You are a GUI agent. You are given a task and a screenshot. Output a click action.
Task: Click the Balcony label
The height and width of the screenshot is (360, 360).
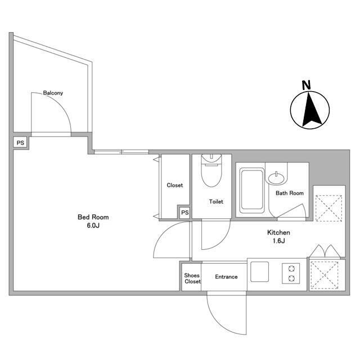click(53, 93)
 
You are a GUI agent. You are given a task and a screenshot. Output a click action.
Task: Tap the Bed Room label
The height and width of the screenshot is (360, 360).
click(93, 217)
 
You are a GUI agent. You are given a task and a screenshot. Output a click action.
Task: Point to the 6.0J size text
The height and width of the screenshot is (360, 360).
click(93, 226)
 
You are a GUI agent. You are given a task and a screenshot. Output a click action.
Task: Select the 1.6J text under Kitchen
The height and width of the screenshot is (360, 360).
click(279, 241)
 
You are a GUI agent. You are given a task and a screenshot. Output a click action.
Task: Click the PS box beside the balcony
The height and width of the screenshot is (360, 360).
click(20, 143)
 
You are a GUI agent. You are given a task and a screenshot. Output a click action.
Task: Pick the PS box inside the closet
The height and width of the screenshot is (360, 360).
click(185, 213)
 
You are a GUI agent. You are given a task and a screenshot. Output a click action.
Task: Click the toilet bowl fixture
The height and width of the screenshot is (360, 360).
click(211, 171)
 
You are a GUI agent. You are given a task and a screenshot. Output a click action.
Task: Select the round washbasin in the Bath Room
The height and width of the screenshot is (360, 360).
click(277, 178)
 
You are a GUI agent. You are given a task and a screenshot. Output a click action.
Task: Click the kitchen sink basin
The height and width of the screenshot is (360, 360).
click(259, 272)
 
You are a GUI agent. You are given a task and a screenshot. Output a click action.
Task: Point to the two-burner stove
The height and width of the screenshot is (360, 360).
click(291, 273)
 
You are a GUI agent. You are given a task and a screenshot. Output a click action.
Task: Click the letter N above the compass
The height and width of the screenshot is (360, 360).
click(306, 85)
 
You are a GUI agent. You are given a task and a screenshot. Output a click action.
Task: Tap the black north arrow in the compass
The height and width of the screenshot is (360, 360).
click(311, 110)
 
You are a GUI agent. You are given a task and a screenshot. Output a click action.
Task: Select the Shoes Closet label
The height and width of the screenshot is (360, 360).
click(192, 278)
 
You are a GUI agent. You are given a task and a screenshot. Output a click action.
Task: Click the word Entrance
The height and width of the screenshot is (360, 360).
click(226, 277)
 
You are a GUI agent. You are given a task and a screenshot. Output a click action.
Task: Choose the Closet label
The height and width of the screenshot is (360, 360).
click(175, 185)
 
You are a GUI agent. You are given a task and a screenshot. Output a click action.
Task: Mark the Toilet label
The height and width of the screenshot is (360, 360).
click(216, 201)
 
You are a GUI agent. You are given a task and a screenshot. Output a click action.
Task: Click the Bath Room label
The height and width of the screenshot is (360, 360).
click(290, 193)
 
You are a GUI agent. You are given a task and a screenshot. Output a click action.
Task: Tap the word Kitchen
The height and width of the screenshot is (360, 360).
click(278, 232)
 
